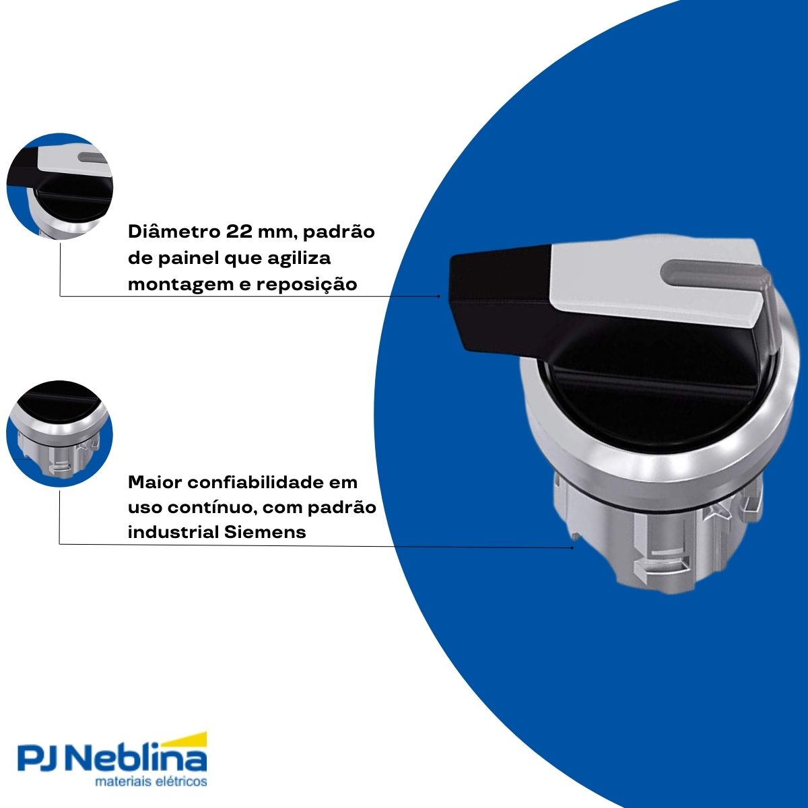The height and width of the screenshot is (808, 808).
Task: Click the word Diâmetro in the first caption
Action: point(171,232)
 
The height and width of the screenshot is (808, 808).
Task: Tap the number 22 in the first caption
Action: point(235,232)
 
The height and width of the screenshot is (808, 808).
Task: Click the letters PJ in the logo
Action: point(40,760)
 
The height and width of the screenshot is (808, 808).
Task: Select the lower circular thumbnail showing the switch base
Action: point(60,434)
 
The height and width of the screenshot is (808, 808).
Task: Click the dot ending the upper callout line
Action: point(439,296)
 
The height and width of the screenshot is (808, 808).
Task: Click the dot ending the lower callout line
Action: point(572,547)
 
